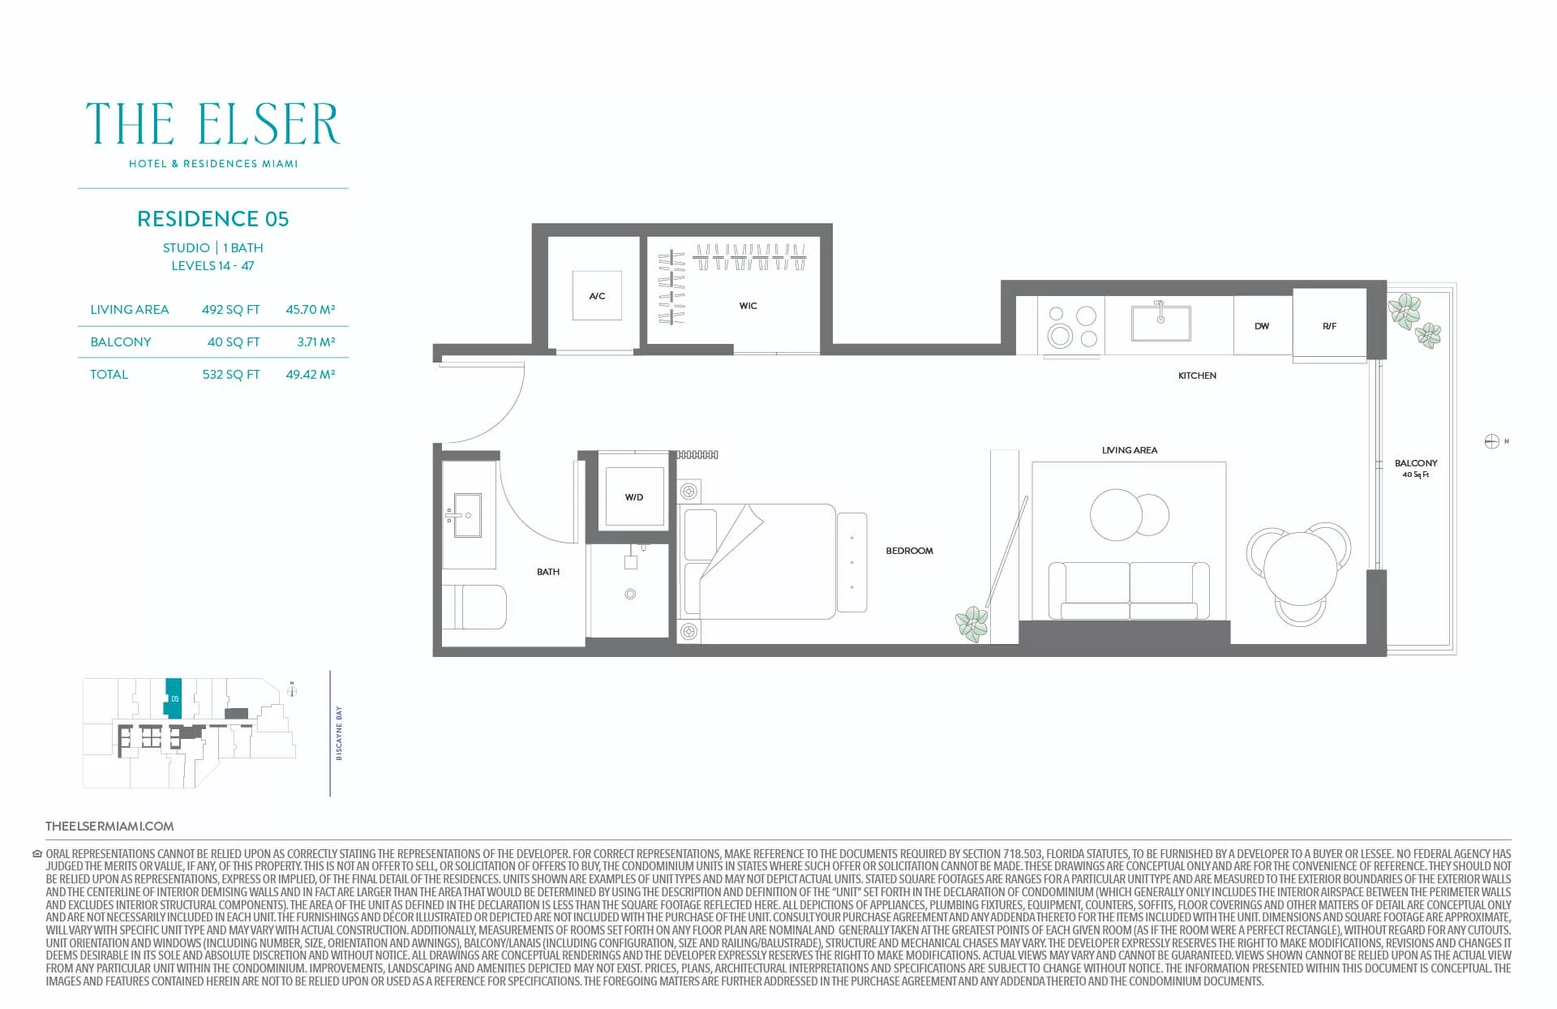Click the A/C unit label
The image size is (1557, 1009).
(597, 296)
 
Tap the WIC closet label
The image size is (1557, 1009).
(748, 306)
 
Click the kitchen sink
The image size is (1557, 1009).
(1160, 322)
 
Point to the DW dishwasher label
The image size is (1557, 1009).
(1262, 326)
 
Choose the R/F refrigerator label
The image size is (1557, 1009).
(1329, 326)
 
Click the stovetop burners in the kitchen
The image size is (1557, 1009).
(1071, 326)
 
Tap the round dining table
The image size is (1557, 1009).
(1300, 568)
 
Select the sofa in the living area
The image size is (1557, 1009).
(1129, 590)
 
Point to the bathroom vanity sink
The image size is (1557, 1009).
(467, 514)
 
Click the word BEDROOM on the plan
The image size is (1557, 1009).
(909, 551)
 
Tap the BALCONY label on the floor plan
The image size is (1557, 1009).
(1416, 463)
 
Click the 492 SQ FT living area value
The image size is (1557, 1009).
(231, 310)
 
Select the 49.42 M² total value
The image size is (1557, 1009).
(311, 375)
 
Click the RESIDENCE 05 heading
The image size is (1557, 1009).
(212, 219)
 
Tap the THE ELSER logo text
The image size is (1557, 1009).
(212, 124)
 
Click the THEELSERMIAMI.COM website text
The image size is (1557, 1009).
(109, 827)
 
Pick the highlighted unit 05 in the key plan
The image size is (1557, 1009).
(174, 698)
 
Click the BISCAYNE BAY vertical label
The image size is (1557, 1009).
(339, 733)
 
